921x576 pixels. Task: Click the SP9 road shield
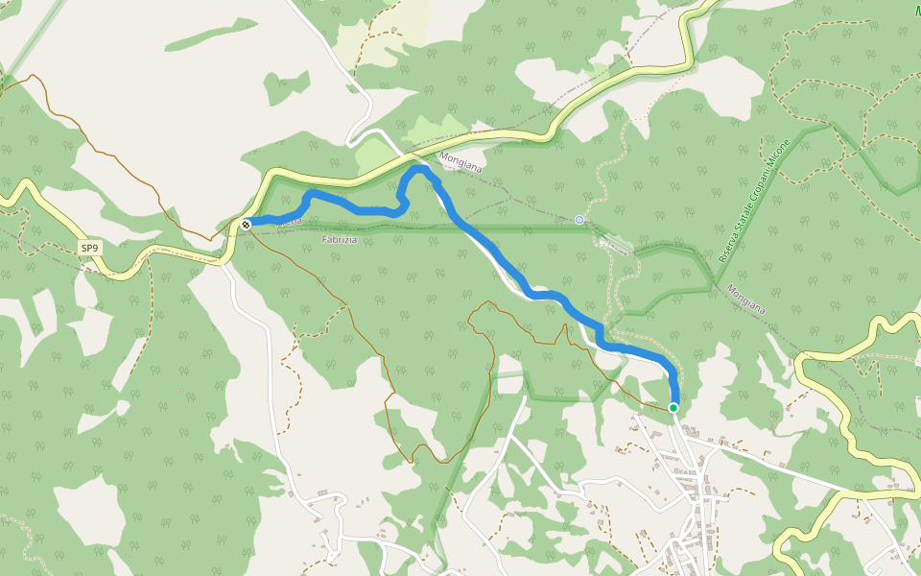(89, 249)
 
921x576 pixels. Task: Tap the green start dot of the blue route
(673, 408)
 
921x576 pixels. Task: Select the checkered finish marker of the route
(247, 225)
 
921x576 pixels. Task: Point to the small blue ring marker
(579, 220)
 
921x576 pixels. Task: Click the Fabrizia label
(340, 240)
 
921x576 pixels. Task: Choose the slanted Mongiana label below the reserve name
(745, 299)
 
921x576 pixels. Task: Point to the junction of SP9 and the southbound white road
(227, 259)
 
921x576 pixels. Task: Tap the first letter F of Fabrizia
(326, 240)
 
